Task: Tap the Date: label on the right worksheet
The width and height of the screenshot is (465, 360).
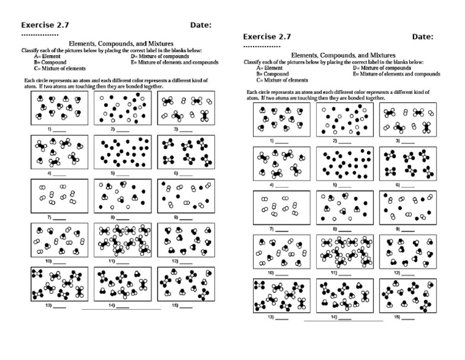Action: (x=423, y=36)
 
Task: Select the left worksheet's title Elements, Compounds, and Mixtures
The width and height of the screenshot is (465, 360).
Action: (x=122, y=44)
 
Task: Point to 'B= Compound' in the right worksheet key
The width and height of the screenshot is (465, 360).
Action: (x=272, y=74)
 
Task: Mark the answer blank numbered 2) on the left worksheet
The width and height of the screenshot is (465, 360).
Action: (x=123, y=130)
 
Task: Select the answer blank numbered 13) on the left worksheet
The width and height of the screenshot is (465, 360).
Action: (x=59, y=306)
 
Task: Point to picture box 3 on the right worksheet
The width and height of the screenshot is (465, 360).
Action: (x=405, y=119)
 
